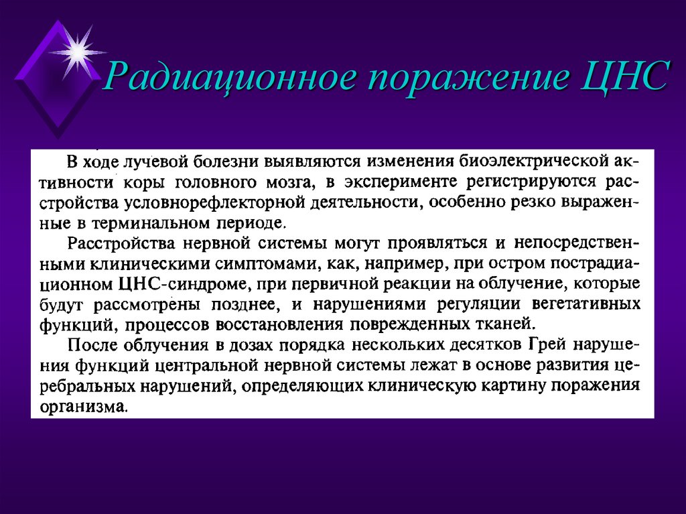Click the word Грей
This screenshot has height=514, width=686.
click(545, 346)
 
